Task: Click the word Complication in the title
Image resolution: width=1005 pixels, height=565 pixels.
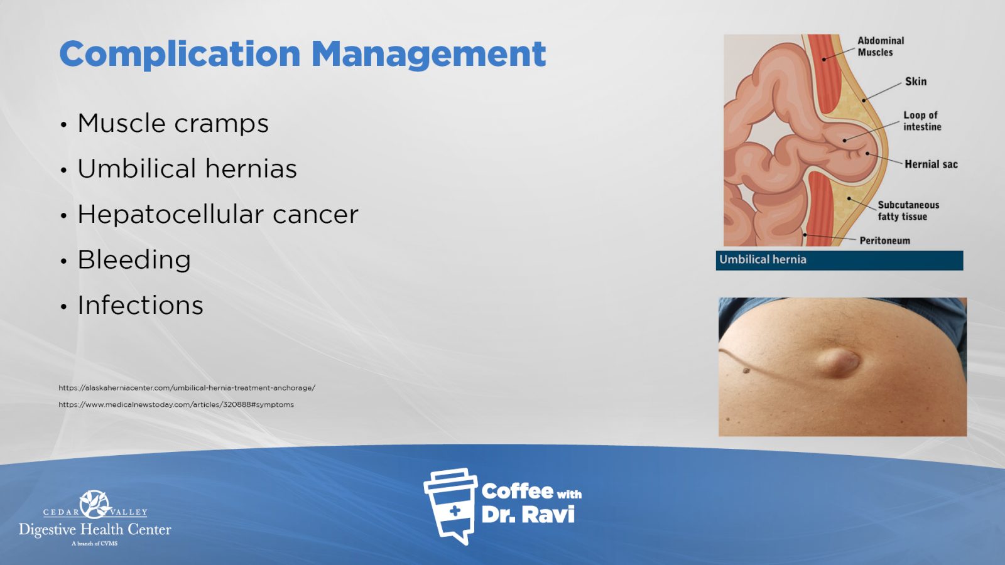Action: pos(180,55)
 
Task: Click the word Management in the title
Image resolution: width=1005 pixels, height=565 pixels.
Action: pos(428,55)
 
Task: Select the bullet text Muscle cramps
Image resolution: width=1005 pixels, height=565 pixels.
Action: pos(173,123)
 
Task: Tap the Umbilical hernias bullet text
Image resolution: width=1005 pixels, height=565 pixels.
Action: pos(187,169)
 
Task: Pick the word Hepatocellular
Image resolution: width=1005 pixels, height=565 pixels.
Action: pos(170,214)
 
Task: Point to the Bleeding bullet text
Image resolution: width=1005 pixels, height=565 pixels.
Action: pos(134,260)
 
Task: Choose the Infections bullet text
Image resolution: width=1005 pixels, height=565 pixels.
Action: pos(141,305)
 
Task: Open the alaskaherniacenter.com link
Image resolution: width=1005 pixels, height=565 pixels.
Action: pos(187,388)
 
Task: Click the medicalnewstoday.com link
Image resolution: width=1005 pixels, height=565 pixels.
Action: pos(176,404)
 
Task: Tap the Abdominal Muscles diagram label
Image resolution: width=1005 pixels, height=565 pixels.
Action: pos(881,46)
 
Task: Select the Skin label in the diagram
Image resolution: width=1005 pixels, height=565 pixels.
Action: pos(916,82)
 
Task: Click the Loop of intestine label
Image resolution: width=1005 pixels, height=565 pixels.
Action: pos(922,121)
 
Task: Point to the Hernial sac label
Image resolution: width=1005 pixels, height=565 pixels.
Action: pos(931,164)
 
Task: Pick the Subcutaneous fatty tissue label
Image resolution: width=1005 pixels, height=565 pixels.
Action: pos(908,211)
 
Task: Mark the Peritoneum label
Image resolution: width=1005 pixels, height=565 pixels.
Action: pos(885,241)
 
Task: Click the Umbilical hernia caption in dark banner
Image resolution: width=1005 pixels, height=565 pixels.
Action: pos(763,260)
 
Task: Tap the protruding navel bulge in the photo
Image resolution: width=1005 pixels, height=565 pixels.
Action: pos(839,362)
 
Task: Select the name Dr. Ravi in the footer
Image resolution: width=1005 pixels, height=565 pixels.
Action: pos(528,515)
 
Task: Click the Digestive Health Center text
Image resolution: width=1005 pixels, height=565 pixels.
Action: pos(95,530)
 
